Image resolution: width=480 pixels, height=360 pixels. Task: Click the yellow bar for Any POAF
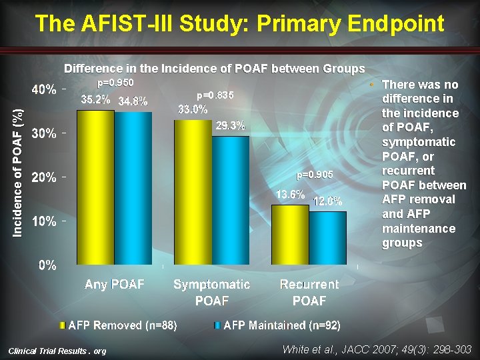[x=95, y=187]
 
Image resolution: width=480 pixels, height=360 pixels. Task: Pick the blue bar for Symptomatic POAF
[x=231, y=200]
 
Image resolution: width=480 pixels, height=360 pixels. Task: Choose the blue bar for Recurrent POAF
[x=328, y=238]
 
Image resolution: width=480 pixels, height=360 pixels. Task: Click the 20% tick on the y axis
[x=43, y=177]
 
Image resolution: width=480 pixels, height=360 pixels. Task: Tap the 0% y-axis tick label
[x=47, y=265]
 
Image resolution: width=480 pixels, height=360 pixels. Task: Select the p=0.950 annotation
[x=115, y=83]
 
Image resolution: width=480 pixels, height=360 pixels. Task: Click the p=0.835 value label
[x=215, y=96]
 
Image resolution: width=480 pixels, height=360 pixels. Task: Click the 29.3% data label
[x=231, y=125]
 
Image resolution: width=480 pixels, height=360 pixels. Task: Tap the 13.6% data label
[x=291, y=195]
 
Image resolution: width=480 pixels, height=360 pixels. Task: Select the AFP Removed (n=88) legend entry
[x=123, y=325]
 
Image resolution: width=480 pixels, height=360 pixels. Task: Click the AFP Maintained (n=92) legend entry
[x=281, y=325]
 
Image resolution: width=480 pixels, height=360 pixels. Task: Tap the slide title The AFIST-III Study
[x=239, y=24]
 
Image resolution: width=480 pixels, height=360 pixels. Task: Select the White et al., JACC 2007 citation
[x=376, y=349]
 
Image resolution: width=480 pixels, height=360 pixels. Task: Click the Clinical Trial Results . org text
[x=57, y=351]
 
